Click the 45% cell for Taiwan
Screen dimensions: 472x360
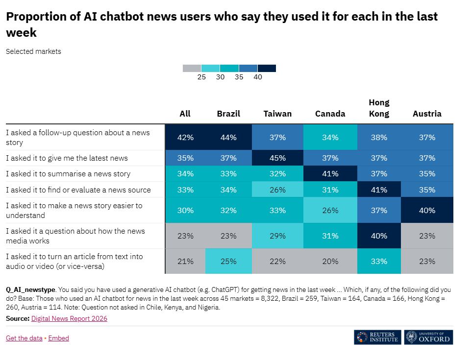(x=277, y=158)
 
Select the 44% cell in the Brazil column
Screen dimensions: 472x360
(x=228, y=137)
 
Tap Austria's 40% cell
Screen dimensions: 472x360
(x=427, y=210)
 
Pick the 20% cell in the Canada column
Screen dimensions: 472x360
(x=330, y=261)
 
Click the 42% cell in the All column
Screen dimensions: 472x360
(x=185, y=137)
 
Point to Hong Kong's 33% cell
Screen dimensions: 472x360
(x=379, y=261)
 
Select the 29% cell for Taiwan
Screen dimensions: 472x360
(x=277, y=236)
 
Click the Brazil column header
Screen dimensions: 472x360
(x=228, y=114)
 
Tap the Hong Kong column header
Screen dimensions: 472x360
(x=379, y=108)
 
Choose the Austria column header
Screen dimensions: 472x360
(x=427, y=114)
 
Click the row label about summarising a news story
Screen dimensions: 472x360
(x=68, y=174)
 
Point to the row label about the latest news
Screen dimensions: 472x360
(x=67, y=158)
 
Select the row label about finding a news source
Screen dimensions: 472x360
(x=78, y=190)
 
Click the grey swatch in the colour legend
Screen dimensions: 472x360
(x=192, y=68)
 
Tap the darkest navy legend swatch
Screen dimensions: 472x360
(x=267, y=68)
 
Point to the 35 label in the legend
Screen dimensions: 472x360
(x=239, y=77)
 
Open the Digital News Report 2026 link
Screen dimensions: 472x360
(x=69, y=318)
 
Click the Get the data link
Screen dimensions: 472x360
(x=24, y=338)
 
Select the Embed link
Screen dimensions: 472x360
(x=59, y=338)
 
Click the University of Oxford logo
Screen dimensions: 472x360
(x=429, y=337)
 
